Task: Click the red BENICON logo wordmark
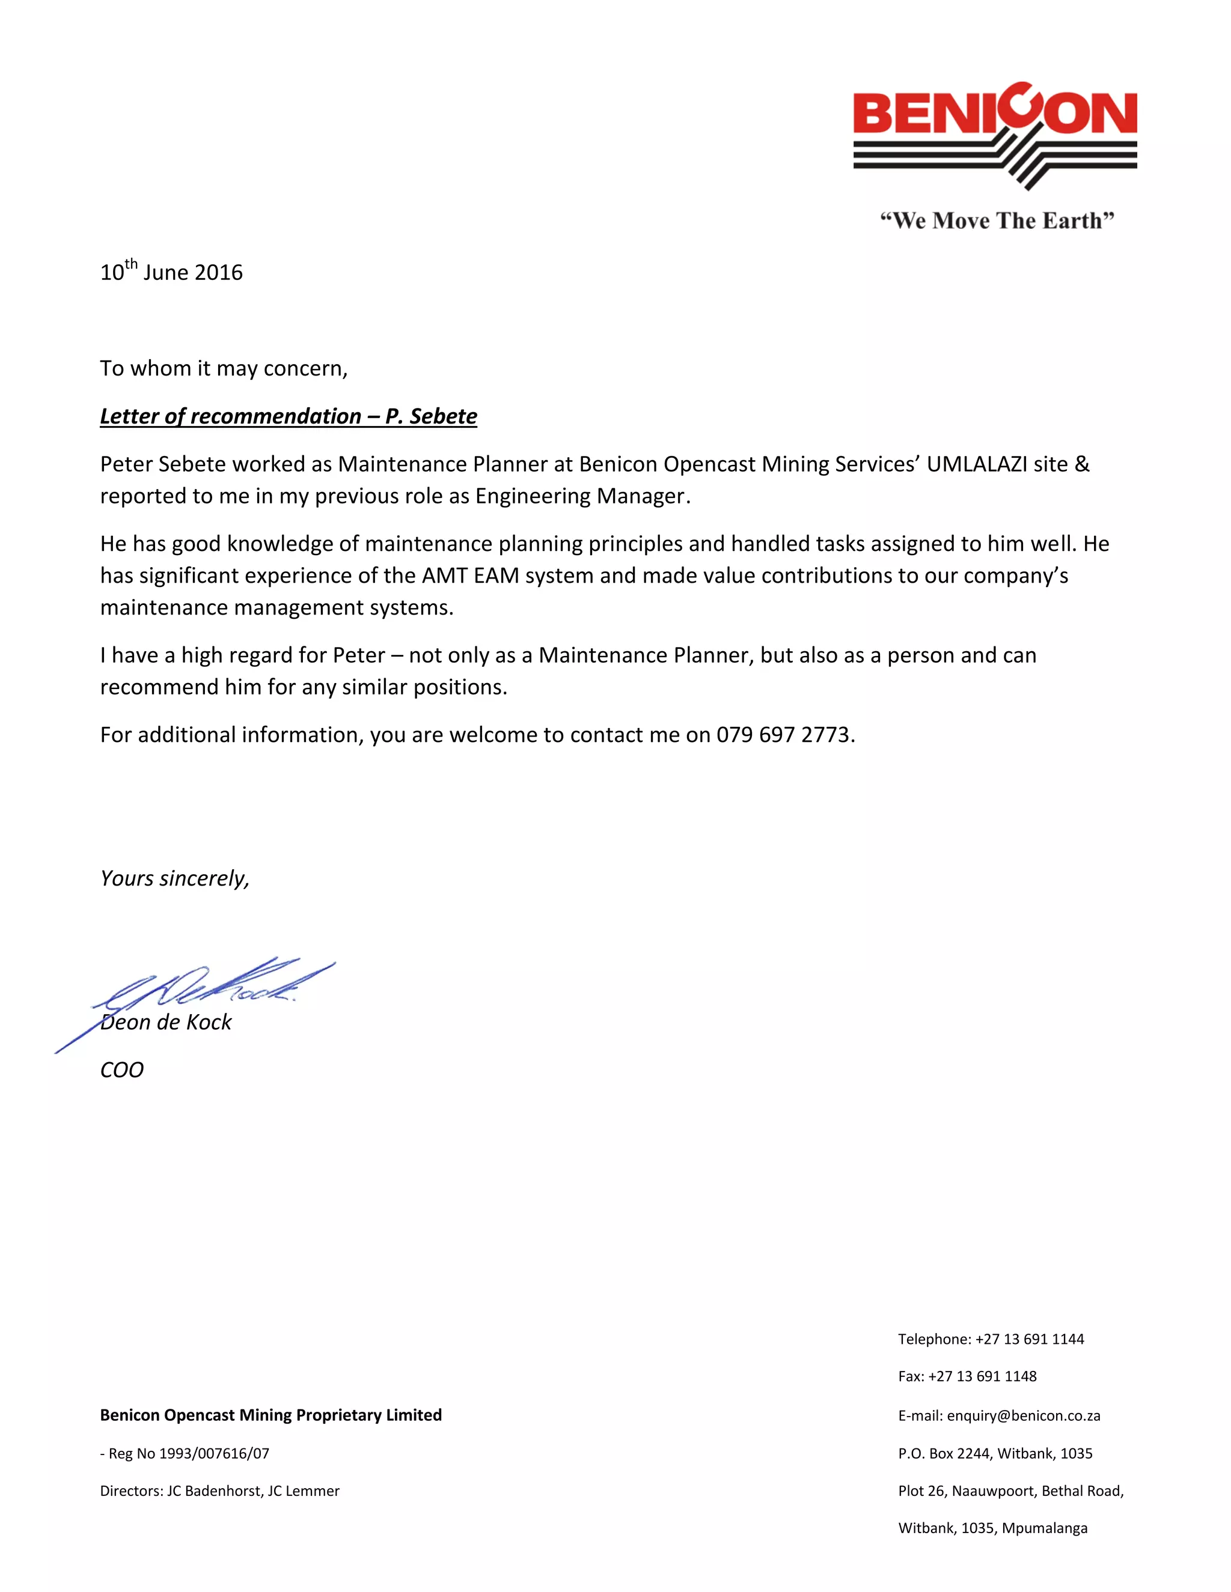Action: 995,113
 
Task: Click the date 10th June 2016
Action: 171,272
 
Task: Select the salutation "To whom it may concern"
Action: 223,369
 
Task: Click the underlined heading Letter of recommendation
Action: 288,416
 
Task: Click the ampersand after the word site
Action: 1082,464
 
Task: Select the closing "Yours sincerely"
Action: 174,878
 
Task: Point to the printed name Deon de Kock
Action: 166,1022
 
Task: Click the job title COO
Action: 122,1070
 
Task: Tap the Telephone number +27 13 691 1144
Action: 1029,1339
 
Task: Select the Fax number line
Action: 967,1376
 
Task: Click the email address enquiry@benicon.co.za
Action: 1023,1415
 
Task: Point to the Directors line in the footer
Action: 219,1490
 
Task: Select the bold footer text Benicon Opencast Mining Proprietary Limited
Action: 270,1415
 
